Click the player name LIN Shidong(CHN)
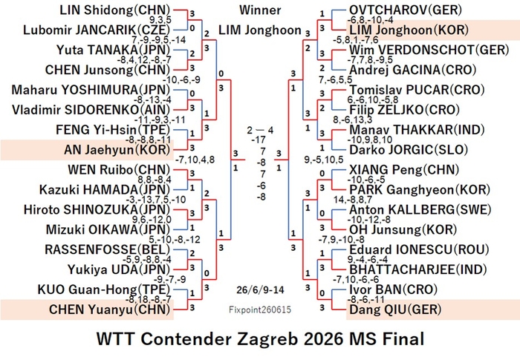tap(114, 10)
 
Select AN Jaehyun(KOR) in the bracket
tap(117, 150)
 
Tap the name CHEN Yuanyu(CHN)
tap(109, 310)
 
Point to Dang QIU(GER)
tap(395, 310)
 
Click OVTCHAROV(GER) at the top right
tap(406, 10)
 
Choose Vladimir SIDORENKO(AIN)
tap(91, 110)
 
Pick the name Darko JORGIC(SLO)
tap(409, 150)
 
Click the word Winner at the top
tap(260, 10)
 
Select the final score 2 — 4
tap(260, 131)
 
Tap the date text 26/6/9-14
tap(260, 290)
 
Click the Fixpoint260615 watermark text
tap(260, 310)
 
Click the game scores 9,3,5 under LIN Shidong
tap(160, 20)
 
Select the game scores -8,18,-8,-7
tap(149, 300)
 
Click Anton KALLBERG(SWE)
tap(420, 209)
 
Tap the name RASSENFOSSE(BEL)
tap(108, 249)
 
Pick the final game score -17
tap(259, 140)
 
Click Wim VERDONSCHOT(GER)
tap(429, 50)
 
